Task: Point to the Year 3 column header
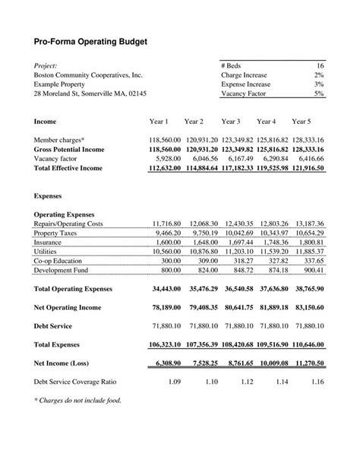pos(231,122)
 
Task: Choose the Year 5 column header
pos(302,122)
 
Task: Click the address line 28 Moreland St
pos(90,94)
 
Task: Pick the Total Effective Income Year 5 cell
pos(308,168)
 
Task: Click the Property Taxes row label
pos(58,233)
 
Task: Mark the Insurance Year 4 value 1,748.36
pos(272,242)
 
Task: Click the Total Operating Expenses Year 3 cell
pos(236,290)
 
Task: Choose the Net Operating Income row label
pos(70,308)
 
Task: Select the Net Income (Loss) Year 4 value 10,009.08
pos(272,363)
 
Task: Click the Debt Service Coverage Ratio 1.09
pos(173,382)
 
